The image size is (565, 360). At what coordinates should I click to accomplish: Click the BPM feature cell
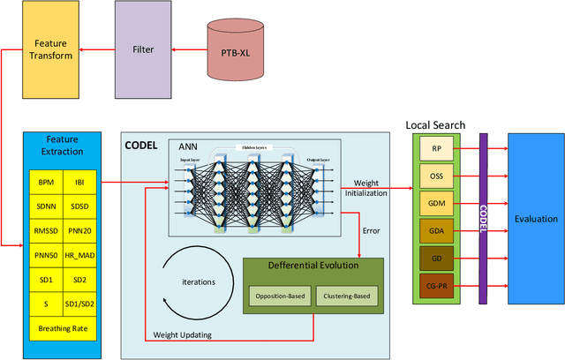pyautogui.click(x=45, y=183)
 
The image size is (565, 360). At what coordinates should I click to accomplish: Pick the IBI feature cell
pyautogui.click(x=80, y=183)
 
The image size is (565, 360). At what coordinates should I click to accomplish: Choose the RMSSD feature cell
pyautogui.click(x=45, y=231)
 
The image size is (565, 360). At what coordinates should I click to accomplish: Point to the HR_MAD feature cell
pyautogui.click(x=80, y=255)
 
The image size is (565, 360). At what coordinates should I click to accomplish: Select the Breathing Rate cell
pyautogui.click(x=63, y=329)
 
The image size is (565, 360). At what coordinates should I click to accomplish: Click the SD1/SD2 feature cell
pyautogui.click(x=80, y=304)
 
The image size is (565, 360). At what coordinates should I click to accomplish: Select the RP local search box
pyautogui.click(x=436, y=151)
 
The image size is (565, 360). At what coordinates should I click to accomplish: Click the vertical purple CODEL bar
pyautogui.click(x=483, y=218)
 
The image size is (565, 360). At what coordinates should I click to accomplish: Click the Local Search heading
pyautogui.click(x=435, y=126)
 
